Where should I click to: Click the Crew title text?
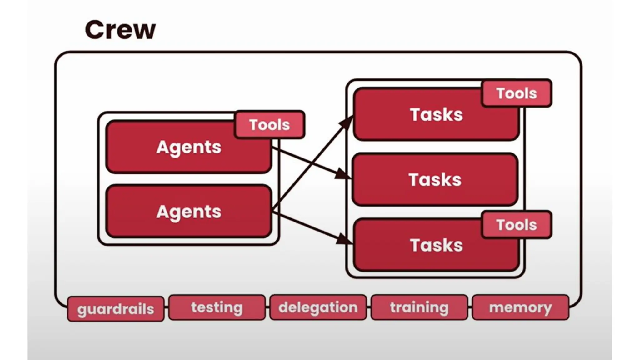(x=120, y=30)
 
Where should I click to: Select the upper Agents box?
(x=189, y=147)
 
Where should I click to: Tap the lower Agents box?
(x=189, y=212)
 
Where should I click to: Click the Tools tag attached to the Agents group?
(x=269, y=125)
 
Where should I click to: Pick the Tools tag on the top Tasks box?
(x=517, y=93)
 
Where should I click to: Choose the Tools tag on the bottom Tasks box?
(x=517, y=225)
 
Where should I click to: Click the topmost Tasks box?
(x=436, y=115)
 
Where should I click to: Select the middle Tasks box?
(x=435, y=180)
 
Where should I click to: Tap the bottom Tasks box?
(x=436, y=245)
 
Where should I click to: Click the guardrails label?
(x=116, y=309)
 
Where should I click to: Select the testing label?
(x=217, y=307)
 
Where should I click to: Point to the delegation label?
(x=318, y=307)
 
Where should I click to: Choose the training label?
(x=419, y=307)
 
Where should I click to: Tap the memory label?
(x=521, y=307)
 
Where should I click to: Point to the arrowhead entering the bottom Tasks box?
(x=344, y=240)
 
